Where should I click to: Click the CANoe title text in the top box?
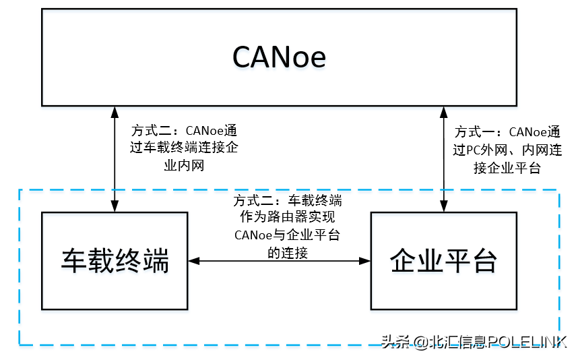pyautogui.click(x=279, y=57)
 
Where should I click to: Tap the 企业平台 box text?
pyautogui.click(x=444, y=260)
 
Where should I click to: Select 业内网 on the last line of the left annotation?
pyautogui.click(x=184, y=165)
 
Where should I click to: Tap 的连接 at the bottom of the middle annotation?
pyautogui.click(x=288, y=253)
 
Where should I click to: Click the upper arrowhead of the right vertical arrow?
pyautogui.click(x=443, y=111)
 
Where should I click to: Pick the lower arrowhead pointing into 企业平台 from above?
pyautogui.click(x=443, y=208)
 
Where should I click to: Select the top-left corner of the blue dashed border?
pyautogui.click(x=19, y=190)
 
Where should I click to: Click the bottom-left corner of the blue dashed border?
pyautogui.click(x=19, y=345)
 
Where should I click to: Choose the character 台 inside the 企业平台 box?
pyautogui.click(x=484, y=260)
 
